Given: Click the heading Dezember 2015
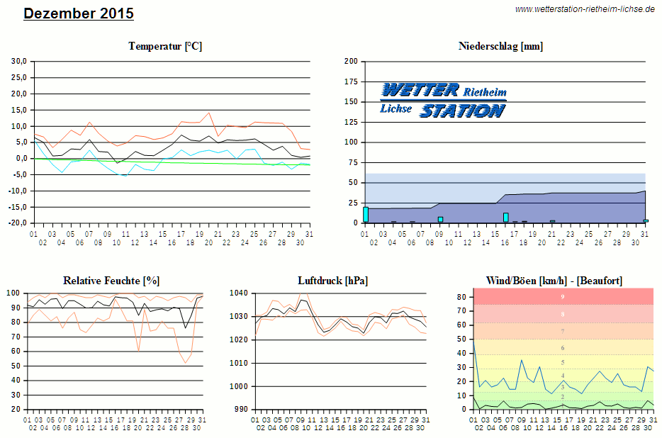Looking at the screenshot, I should (x=78, y=13).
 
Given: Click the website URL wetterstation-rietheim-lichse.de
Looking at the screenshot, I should (x=585, y=9).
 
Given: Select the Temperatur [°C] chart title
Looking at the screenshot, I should (x=165, y=46).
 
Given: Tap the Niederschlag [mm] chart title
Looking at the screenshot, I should (x=501, y=46).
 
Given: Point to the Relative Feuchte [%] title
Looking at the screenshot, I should (x=111, y=281).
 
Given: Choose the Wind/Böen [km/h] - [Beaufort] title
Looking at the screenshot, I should (x=555, y=281).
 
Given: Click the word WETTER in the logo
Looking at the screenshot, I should (x=420, y=90).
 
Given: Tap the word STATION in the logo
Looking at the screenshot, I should (x=462, y=111).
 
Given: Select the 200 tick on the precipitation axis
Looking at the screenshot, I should (x=350, y=62).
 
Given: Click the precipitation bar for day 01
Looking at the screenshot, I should (x=366, y=215).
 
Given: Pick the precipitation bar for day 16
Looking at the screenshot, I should (x=506, y=218).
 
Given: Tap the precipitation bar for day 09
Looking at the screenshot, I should (x=440, y=220).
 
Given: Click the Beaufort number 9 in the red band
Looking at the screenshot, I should (x=563, y=296).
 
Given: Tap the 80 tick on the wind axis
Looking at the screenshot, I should (x=461, y=296).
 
